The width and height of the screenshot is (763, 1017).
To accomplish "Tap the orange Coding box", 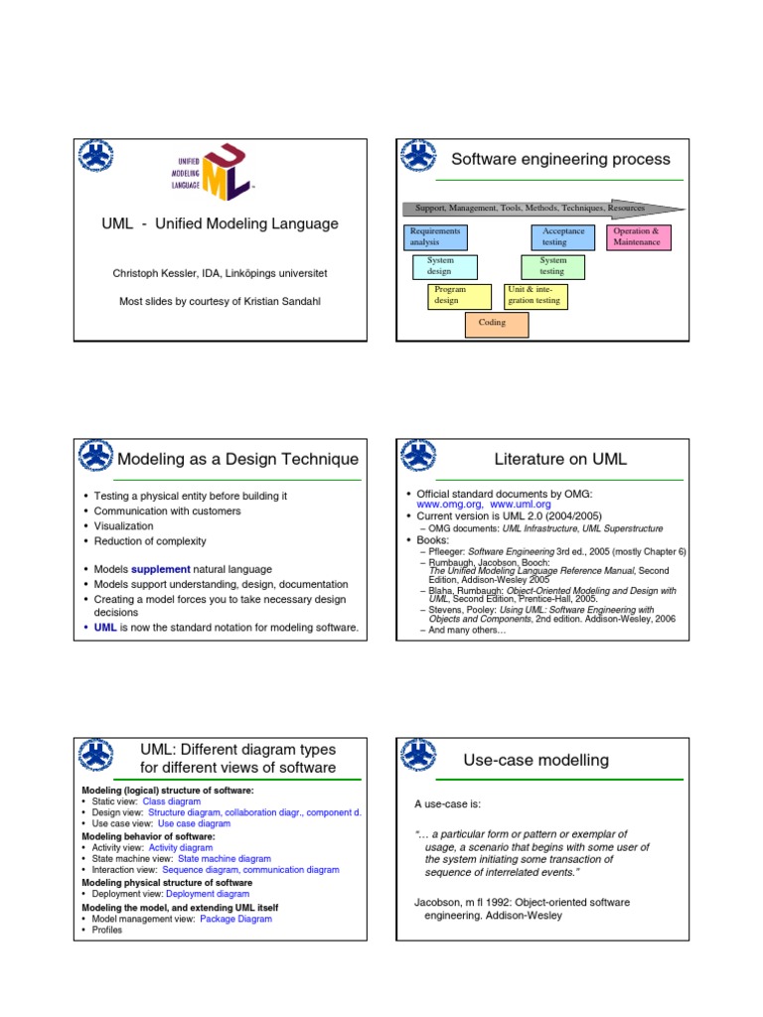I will (x=496, y=324).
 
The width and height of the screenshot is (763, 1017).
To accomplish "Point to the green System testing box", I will (x=552, y=266).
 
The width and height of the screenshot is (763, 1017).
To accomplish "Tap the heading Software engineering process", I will (x=560, y=159).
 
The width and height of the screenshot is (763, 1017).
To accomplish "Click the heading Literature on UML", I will (x=560, y=459).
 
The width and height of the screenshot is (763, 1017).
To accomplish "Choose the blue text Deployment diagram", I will (x=208, y=894).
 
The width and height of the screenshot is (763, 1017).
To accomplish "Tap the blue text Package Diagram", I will (x=235, y=919).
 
